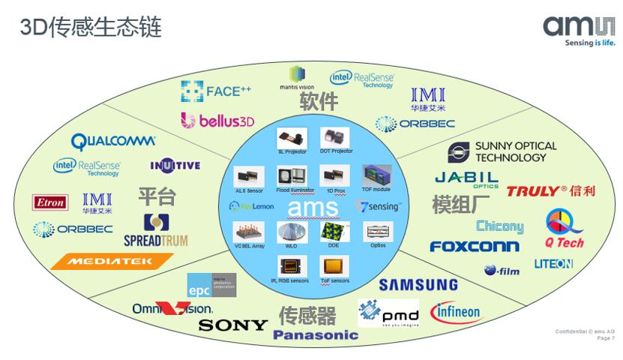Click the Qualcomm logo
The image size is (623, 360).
point(113,140)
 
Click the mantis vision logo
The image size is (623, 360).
point(297,77)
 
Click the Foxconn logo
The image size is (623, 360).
point(474,246)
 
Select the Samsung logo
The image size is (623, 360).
point(418,284)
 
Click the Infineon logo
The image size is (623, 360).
point(455,311)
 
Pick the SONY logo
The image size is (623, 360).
point(233,325)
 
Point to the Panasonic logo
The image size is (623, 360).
point(316,335)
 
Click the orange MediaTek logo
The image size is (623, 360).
point(112,261)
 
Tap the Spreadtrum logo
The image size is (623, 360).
point(155,230)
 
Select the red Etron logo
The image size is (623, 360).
point(50,202)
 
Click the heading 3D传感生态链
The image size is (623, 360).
point(90,28)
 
